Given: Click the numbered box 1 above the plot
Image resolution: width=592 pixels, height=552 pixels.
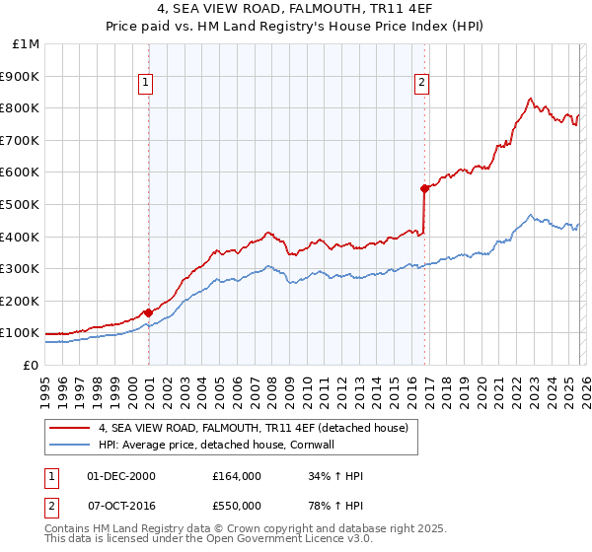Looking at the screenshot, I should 145,83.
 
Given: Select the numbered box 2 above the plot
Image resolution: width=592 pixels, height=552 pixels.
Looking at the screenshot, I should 421,83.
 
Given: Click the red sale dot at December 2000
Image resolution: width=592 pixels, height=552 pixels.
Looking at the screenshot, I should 148,312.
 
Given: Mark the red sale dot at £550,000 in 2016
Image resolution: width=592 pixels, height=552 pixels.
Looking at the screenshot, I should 423,188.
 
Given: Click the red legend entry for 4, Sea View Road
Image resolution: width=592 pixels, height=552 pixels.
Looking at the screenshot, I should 259,427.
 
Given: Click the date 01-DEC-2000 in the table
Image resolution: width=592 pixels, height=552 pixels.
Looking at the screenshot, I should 120,476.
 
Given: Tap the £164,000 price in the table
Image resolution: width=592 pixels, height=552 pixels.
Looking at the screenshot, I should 237,476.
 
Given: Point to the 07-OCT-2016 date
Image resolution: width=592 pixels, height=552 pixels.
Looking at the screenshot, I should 120,505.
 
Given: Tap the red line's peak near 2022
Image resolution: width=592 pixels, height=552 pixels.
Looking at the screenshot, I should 530,99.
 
